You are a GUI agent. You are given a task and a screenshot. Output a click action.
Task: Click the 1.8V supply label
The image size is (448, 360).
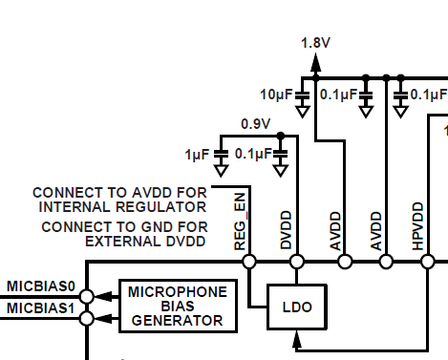coord(315,43)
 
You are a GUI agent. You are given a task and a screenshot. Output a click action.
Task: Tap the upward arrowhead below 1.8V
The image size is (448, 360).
coord(315,62)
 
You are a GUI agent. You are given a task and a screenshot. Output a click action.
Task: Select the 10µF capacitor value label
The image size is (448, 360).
coord(276,95)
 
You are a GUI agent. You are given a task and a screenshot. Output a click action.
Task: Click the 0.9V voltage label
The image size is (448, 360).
coord(256,124)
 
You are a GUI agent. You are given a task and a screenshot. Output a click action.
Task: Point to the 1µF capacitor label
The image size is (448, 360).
coord(197,155)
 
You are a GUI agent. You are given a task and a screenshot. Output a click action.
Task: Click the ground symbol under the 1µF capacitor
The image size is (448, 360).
coord(221,170)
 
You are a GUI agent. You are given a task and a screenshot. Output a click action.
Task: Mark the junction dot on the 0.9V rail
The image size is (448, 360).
coord(281,136)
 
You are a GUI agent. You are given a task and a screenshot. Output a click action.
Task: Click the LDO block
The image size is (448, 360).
coord(297,307)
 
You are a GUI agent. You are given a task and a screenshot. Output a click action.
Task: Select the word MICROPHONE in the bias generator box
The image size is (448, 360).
coord(178,292)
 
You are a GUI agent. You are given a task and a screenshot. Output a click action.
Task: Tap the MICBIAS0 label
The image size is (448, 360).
coord(41,286)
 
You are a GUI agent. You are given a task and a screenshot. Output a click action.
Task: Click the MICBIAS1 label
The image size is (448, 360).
coord(41,308)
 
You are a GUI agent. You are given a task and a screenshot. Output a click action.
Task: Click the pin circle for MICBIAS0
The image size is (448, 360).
coord(87,296)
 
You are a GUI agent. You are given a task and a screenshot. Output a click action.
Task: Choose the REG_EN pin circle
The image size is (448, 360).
coord(249,262)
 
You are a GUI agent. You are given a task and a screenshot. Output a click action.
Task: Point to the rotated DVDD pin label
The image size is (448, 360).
coord(286,229)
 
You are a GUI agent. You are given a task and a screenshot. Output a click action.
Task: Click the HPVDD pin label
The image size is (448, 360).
coord(417,226)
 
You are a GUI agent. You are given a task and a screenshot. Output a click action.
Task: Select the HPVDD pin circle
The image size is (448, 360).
coord(428,262)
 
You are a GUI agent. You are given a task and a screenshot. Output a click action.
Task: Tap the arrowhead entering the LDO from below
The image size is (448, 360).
coord(297,339)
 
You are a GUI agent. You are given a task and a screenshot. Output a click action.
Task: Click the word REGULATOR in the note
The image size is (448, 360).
coord(161,207)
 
